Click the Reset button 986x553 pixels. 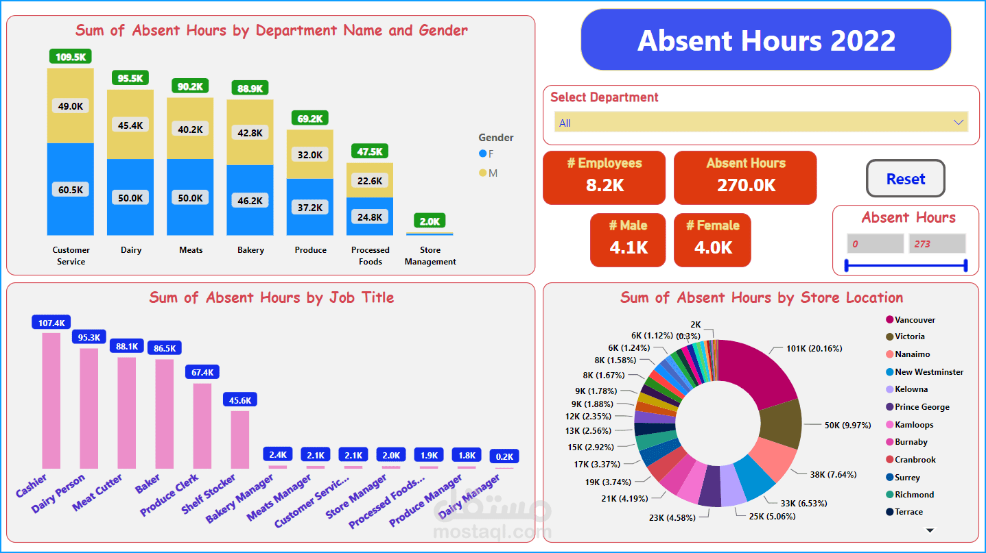tap(905, 179)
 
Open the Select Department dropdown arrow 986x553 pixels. tap(959, 123)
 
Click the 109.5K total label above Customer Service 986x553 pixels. tap(71, 57)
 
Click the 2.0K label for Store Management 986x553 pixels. tap(430, 221)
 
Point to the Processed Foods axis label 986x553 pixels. tap(370, 256)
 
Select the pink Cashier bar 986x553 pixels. tap(51, 400)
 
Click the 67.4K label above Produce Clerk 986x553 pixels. tap(202, 372)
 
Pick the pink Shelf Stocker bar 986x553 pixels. tap(239, 439)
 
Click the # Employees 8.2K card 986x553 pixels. tap(604, 177)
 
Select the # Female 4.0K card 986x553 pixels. tap(712, 240)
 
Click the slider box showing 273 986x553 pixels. tap(937, 244)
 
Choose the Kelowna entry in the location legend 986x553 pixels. tap(911, 389)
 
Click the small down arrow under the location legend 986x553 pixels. tap(930, 530)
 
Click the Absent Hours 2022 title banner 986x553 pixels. tap(766, 40)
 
